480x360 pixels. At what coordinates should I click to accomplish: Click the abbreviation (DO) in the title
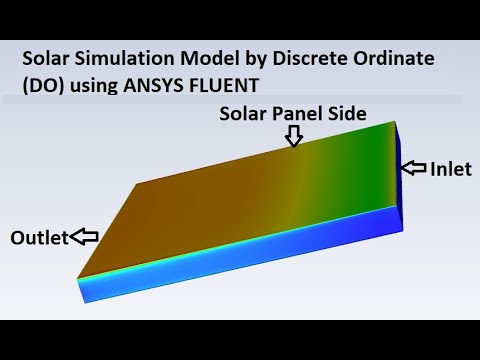(42, 85)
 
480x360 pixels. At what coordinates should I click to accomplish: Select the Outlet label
(39, 238)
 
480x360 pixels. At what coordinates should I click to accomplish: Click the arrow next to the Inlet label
(413, 168)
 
